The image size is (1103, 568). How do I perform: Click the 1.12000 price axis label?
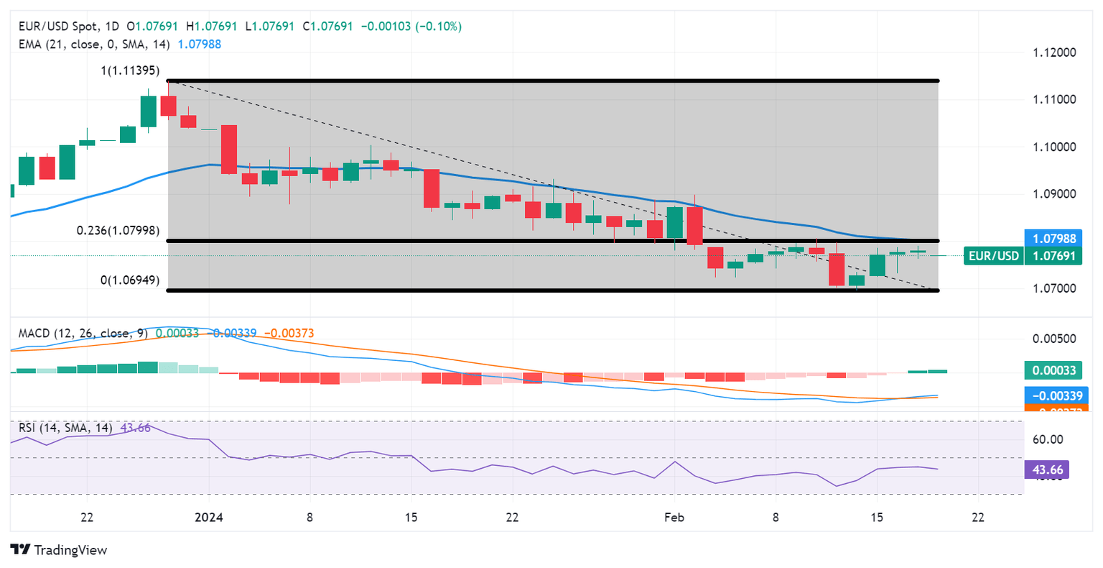click(x=1054, y=52)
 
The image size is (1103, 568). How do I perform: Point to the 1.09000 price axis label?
click(x=1054, y=194)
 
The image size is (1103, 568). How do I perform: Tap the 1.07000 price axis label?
click(x=1054, y=289)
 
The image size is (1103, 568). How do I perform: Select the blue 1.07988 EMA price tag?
click(x=1054, y=239)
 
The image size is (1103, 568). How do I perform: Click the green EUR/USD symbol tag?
click(x=993, y=256)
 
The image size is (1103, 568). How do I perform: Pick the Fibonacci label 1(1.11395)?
click(x=130, y=71)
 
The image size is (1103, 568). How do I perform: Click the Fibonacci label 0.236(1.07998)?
click(x=118, y=231)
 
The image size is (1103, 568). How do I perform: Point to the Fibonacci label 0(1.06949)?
click(x=130, y=280)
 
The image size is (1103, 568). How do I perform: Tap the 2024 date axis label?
click(x=209, y=518)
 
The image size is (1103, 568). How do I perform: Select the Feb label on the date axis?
click(x=674, y=518)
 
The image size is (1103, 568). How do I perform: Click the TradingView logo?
click(x=59, y=550)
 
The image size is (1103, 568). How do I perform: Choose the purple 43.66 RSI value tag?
click(x=1048, y=470)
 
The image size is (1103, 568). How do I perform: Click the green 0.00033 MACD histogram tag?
click(x=1053, y=371)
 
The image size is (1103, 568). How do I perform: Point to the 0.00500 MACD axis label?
click(x=1054, y=339)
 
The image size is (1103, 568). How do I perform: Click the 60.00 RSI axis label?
click(x=1047, y=440)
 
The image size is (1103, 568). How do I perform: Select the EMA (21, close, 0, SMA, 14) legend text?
click(x=94, y=45)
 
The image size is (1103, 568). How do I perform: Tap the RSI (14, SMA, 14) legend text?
click(x=65, y=428)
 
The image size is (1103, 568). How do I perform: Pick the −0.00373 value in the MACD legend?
click(x=289, y=334)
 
